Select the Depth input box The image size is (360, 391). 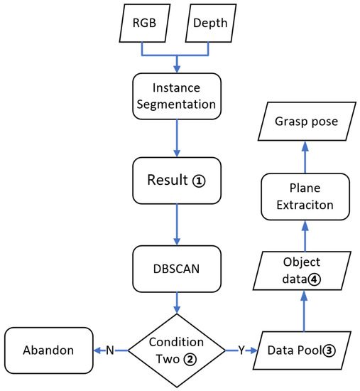tap(208, 23)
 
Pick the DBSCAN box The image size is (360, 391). tap(176, 269)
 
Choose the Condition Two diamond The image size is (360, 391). tap(176, 350)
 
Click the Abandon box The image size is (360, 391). tap(48, 350)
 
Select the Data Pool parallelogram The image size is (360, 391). tap(305, 350)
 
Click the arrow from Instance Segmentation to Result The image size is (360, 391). tap(176, 142)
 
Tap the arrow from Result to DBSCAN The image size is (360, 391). tap(176, 225)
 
